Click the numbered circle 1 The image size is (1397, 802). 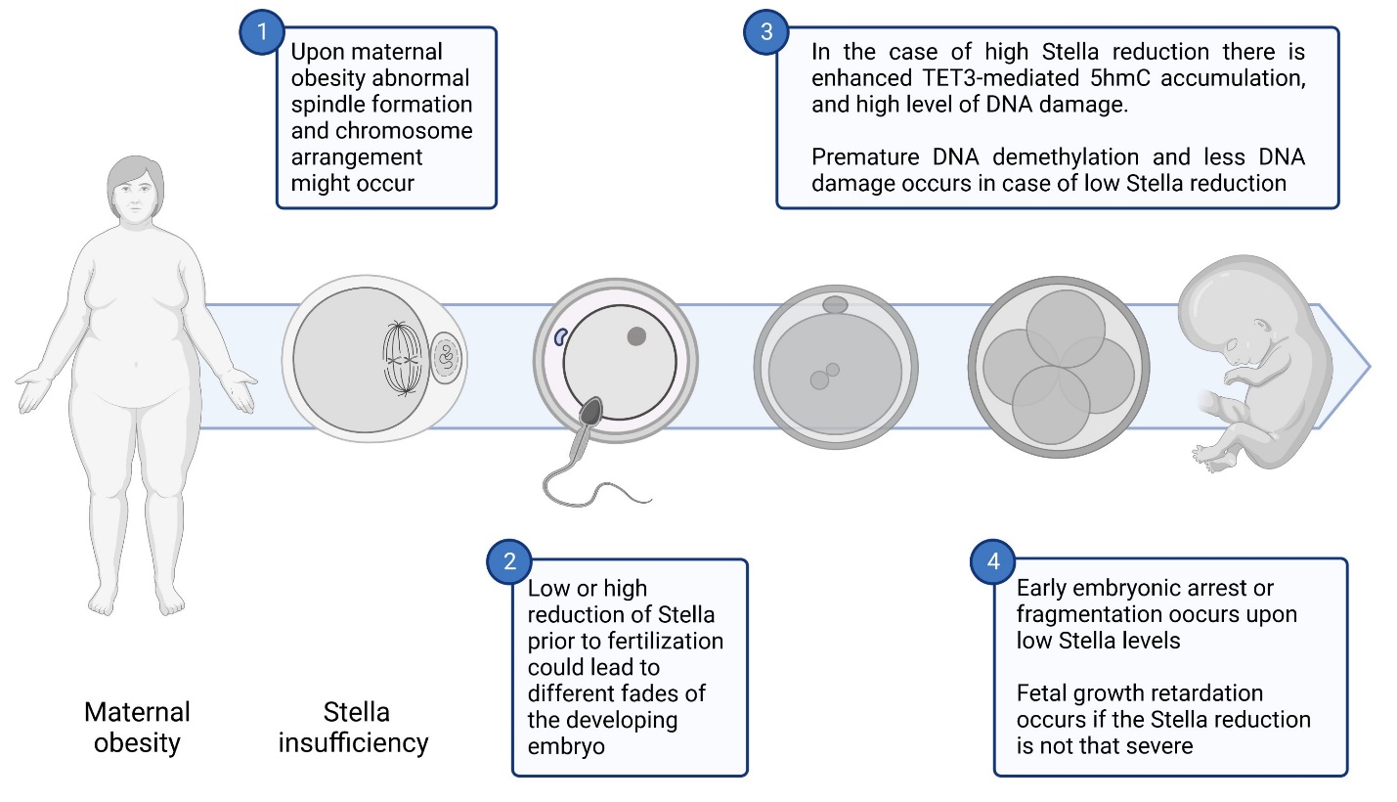tap(262, 31)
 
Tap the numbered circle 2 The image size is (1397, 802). tap(509, 561)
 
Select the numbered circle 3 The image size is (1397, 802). tap(766, 31)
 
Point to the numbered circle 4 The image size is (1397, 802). tap(993, 561)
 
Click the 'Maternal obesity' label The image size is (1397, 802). tap(137, 727)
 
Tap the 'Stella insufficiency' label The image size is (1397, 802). tap(354, 727)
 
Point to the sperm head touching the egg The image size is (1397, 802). tap(590, 412)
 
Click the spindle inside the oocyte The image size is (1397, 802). tap(402, 359)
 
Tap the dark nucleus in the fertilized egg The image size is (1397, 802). tap(636, 336)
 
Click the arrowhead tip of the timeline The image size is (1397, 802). tap(1370, 367)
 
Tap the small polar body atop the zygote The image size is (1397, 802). tap(835, 305)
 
